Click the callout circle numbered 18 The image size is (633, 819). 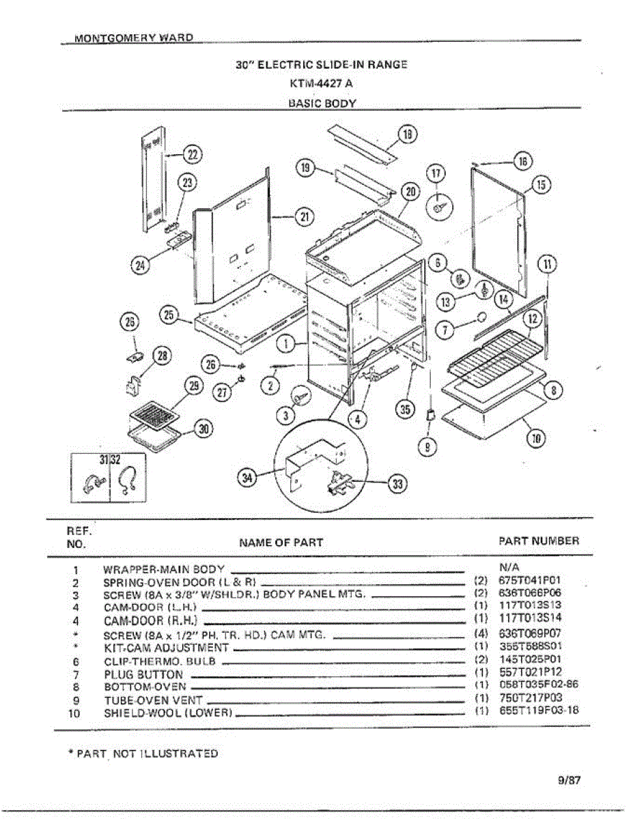click(408, 134)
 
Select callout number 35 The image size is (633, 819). click(406, 409)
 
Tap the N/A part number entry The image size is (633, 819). click(509, 567)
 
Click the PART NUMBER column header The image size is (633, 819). click(539, 541)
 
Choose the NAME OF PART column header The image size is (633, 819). click(281, 543)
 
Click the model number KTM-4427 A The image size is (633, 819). click(321, 84)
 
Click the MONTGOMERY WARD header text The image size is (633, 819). click(134, 38)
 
